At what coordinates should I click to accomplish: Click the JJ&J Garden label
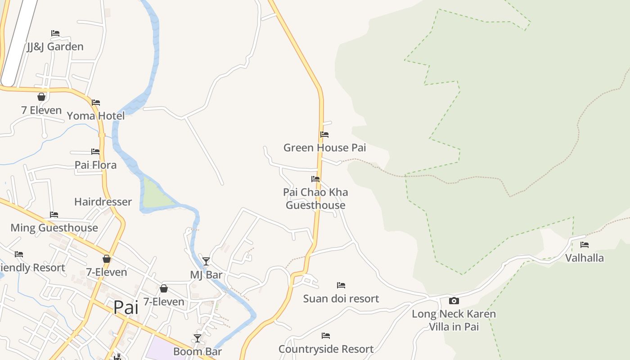point(55,46)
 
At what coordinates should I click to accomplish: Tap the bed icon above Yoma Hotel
point(96,103)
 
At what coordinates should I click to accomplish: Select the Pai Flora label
point(95,165)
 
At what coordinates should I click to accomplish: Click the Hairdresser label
point(103,202)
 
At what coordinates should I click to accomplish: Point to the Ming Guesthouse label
point(54,228)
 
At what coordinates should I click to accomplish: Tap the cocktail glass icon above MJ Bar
point(206,261)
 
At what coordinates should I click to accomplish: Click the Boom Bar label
point(198,351)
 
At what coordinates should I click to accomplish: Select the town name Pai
point(126,307)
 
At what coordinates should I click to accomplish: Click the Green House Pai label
point(324,148)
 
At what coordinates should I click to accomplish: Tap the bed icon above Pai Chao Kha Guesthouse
point(315,179)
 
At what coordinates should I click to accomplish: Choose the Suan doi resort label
point(341,298)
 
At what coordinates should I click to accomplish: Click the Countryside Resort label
point(326,349)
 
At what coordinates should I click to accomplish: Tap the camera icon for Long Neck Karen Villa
point(454,301)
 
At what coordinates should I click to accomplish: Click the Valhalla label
point(585,258)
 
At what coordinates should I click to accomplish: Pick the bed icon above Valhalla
point(585,245)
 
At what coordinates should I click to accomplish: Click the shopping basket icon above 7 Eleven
point(41,97)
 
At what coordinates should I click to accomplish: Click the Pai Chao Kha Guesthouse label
point(315,198)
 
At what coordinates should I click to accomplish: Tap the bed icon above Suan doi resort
point(341,285)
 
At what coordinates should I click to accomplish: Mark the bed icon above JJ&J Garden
point(55,33)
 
